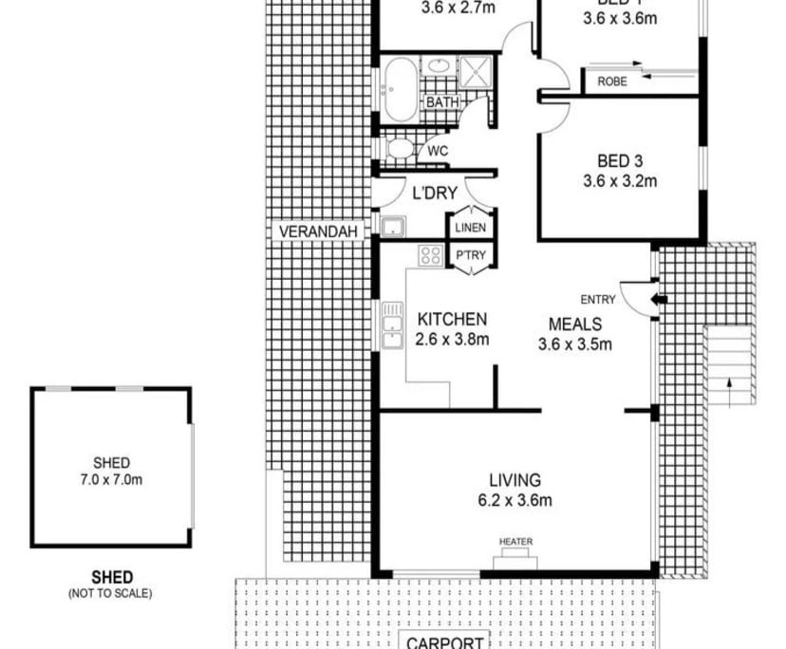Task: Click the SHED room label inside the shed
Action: (x=112, y=463)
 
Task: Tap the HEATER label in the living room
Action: (x=515, y=542)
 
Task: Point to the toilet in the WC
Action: (x=400, y=149)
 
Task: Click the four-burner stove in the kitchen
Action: (x=431, y=254)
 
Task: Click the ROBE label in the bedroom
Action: (x=612, y=82)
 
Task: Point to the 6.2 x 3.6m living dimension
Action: (x=515, y=500)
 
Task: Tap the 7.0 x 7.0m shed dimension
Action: (x=112, y=480)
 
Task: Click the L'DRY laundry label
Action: (x=435, y=194)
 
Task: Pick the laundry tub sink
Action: (x=392, y=226)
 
